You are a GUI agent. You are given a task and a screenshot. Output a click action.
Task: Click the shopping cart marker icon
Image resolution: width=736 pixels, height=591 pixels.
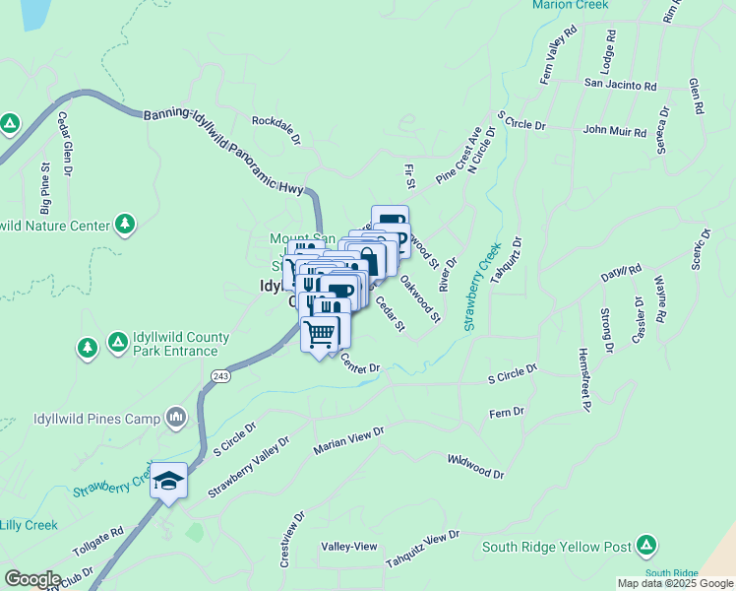319,334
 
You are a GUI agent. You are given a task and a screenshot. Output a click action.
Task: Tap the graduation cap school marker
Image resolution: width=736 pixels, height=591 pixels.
169,482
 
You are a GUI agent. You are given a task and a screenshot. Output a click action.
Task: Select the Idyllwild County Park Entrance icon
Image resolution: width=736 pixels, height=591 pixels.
117,342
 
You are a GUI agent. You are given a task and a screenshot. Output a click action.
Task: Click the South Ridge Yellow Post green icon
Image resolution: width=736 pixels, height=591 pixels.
646,544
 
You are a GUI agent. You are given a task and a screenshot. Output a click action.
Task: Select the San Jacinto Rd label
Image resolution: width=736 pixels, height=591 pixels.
621,85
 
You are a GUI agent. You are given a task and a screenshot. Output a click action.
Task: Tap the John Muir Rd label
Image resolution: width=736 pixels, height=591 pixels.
615,130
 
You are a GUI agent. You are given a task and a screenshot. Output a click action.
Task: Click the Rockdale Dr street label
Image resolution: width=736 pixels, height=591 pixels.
276,128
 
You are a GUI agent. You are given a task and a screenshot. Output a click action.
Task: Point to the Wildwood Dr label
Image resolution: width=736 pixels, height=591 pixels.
475,466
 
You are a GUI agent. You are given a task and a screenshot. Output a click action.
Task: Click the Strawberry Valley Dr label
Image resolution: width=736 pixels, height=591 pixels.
249,468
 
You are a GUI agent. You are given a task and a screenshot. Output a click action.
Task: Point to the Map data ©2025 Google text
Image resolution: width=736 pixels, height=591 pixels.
674,583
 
